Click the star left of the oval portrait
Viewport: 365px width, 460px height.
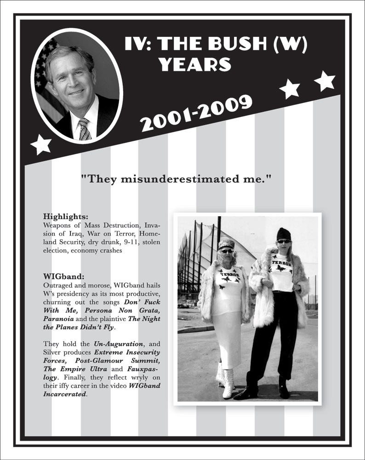pyautogui.click(x=41, y=144)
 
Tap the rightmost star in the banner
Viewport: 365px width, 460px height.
pyautogui.click(x=325, y=81)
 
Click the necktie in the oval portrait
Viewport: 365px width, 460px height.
pyautogui.click(x=84, y=129)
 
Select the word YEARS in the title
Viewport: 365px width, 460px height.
pyautogui.click(x=195, y=65)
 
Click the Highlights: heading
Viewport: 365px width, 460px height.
pyautogui.click(x=66, y=216)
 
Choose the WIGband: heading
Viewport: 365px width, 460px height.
pyautogui.click(x=64, y=277)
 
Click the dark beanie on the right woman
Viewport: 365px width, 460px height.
pyautogui.click(x=284, y=234)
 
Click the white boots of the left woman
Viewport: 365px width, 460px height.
pyautogui.click(x=227, y=382)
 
